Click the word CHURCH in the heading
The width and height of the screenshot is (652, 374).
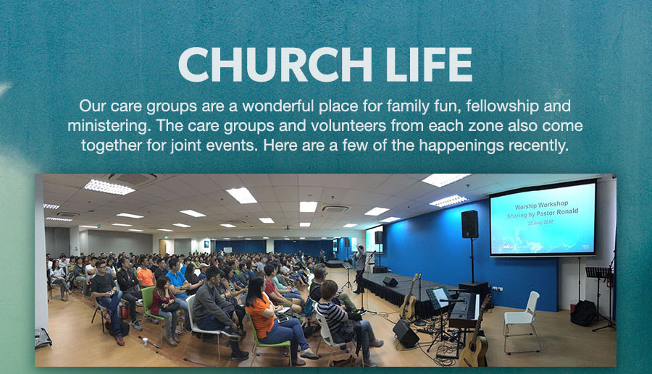pos(275,64)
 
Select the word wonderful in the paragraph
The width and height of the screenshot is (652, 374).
pos(278,106)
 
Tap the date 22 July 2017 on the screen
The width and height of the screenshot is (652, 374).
pos(540,223)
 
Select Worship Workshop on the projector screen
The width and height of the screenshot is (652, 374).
pos(541,205)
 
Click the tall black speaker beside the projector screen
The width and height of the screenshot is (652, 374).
pos(470,224)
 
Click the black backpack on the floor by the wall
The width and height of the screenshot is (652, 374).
pos(583,313)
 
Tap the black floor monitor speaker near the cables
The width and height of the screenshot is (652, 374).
pos(406,333)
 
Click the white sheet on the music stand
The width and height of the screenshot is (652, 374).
pos(440,297)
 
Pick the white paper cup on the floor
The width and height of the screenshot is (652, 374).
pos(145,341)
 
